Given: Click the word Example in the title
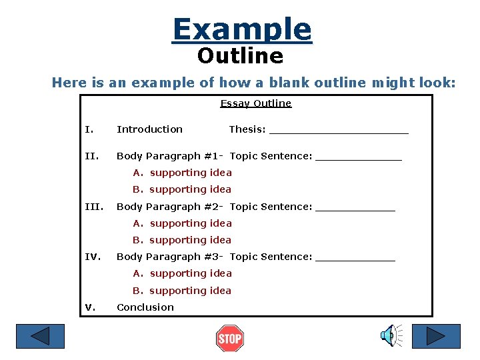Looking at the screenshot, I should click(241, 29).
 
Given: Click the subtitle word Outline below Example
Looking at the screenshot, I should click(240, 56).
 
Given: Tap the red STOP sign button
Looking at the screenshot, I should click(230, 339).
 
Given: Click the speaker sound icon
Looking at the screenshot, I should click(391, 335).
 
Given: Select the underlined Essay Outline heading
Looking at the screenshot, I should click(256, 103).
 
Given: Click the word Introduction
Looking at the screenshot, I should click(149, 129).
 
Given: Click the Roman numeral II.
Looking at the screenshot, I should click(91, 156).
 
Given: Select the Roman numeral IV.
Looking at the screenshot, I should click(92, 257).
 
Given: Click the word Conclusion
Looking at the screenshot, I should click(145, 307).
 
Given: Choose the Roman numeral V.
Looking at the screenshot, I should click(91, 307).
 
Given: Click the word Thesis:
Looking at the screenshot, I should click(247, 129).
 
